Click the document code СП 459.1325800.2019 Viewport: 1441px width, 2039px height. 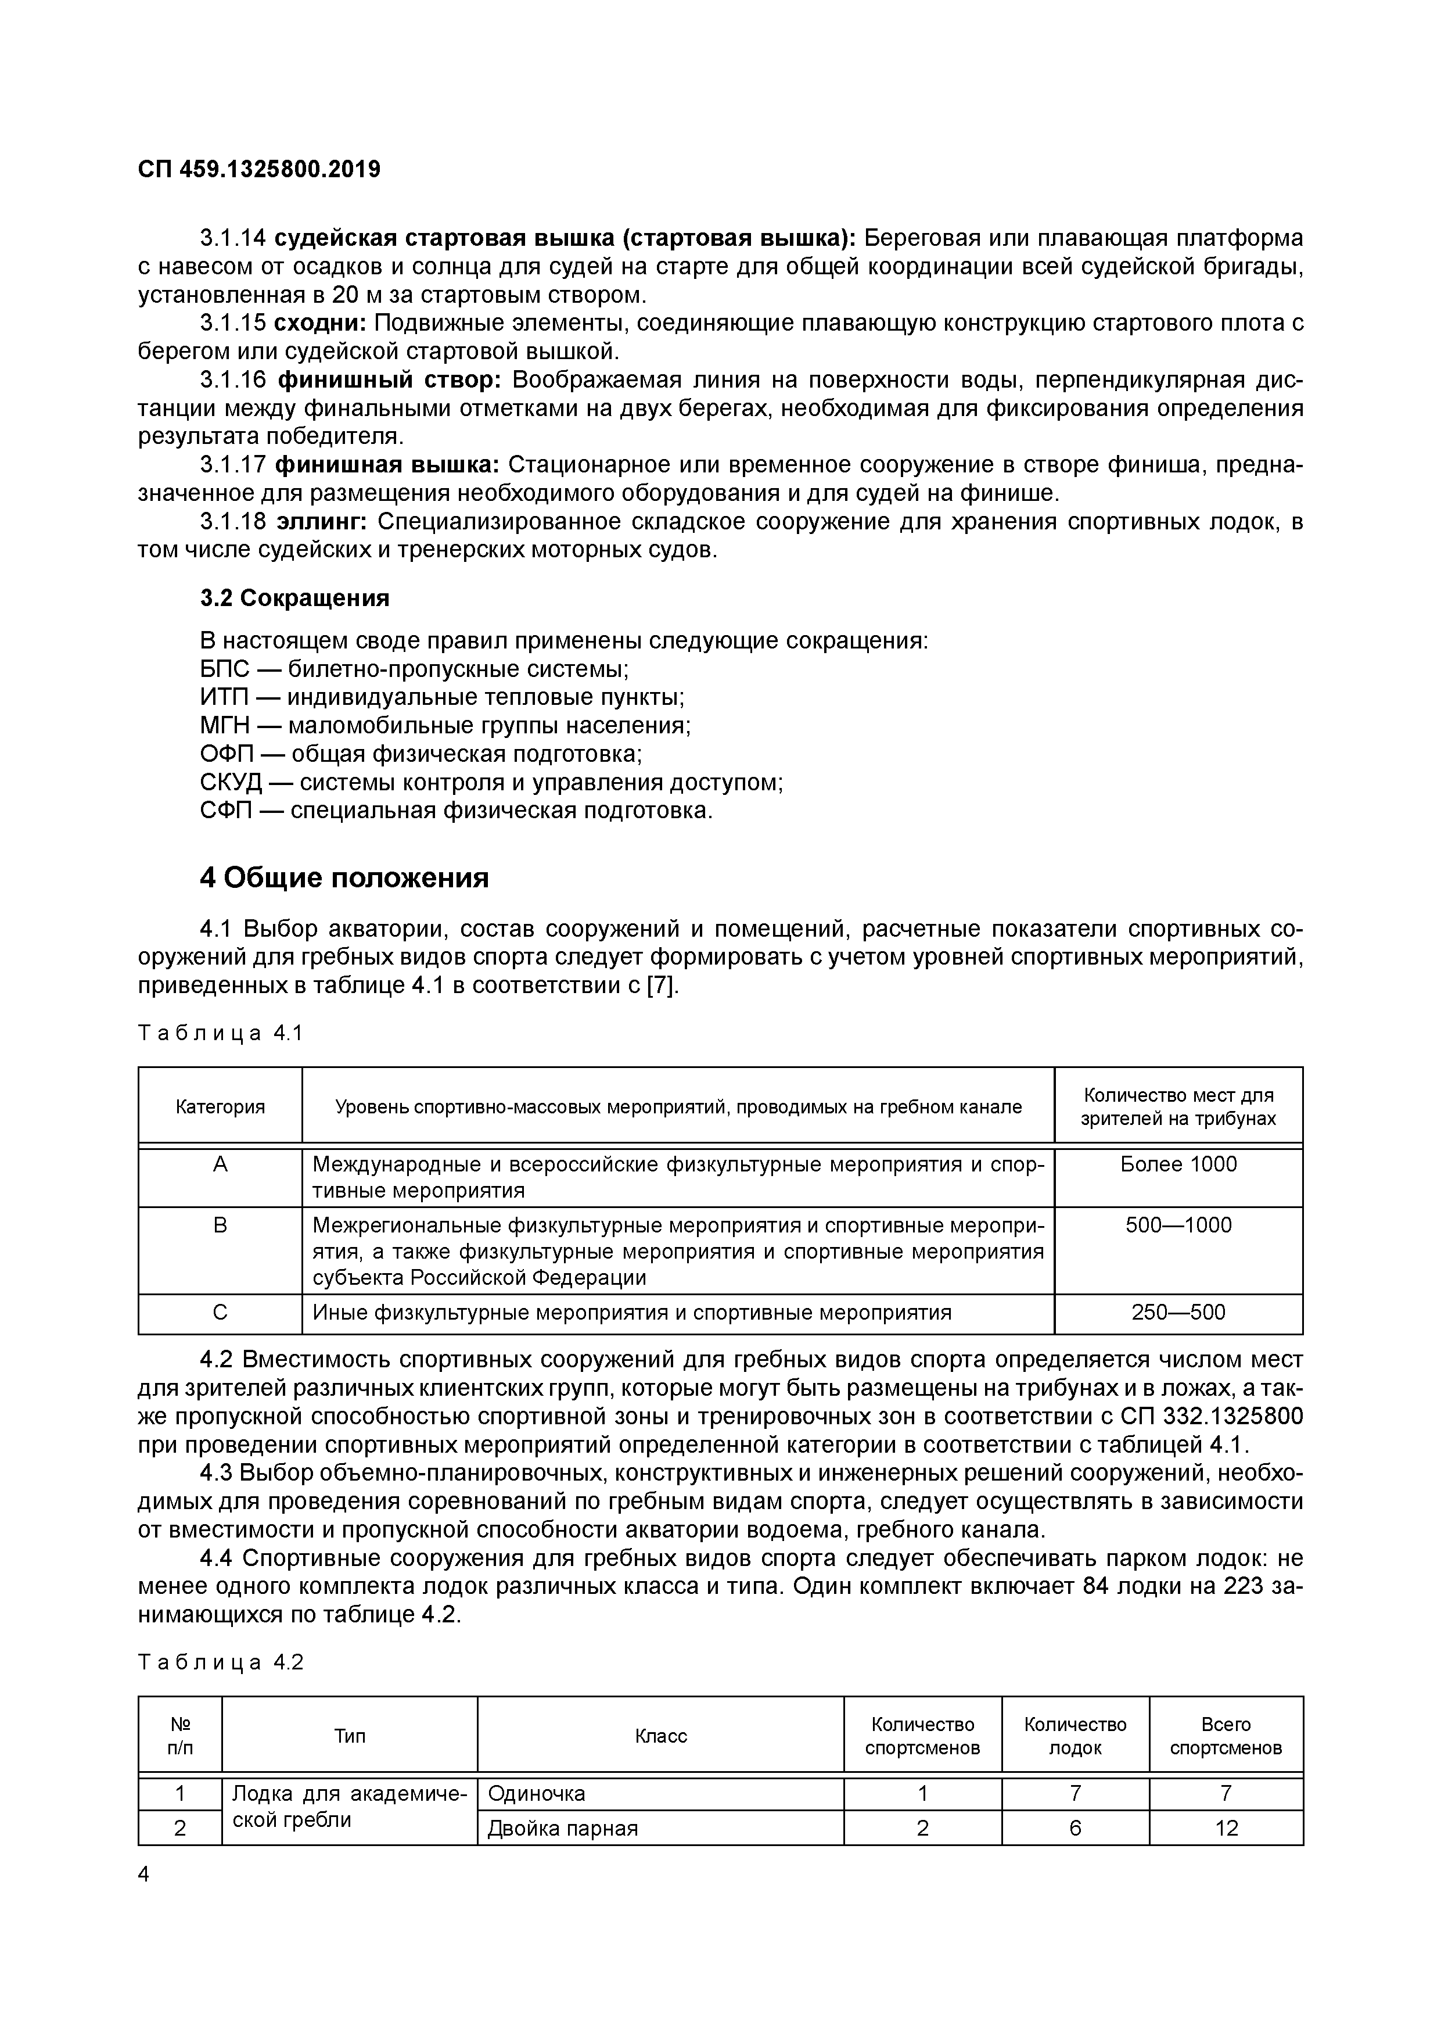(x=259, y=169)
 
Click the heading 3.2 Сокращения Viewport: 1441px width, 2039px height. (x=295, y=598)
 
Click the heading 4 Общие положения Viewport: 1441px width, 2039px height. (x=344, y=877)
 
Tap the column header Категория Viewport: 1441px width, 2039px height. (x=220, y=1106)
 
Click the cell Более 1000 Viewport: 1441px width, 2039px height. (x=1178, y=1164)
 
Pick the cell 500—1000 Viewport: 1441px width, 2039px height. (x=1178, y=1225)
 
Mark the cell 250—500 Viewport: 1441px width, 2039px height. (x=1178, y=1313)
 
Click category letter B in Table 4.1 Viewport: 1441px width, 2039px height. (x=220, y=1225)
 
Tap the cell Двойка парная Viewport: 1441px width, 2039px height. (x=563, y=1829)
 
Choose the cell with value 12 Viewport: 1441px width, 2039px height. (x=1226, y=1829)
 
